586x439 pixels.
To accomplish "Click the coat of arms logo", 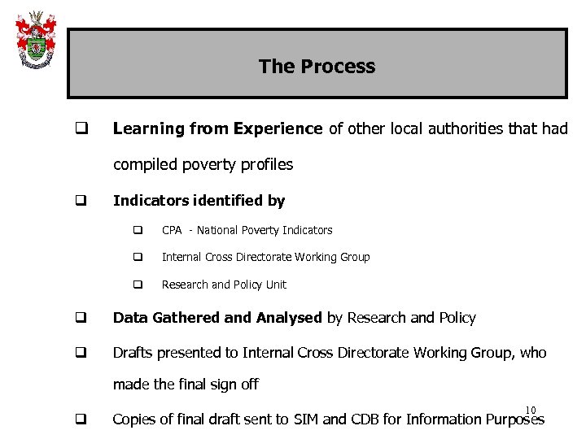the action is point(35,40).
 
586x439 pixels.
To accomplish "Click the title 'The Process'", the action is point(317,67).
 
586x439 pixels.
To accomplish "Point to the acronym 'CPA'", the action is point(172,230).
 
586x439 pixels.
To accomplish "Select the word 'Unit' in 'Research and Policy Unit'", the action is point(275,285).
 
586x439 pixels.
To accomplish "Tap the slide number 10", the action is point(531,410).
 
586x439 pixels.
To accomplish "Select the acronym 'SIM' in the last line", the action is point(335,419).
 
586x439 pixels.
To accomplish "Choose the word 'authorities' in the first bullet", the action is point(457,128).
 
